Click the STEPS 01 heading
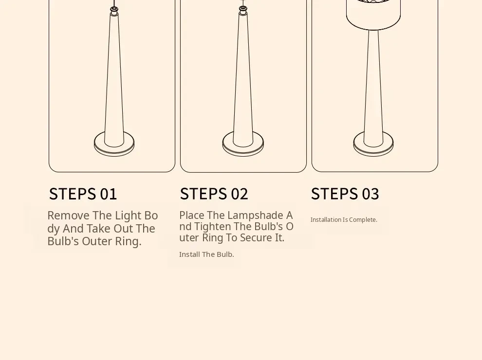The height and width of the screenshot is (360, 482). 83,194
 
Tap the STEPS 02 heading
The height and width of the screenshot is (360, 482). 214,194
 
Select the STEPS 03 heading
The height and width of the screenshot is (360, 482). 345,194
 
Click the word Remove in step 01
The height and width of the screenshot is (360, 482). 69,216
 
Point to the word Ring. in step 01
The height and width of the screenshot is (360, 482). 128,241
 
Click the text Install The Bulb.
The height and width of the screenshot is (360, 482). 206,254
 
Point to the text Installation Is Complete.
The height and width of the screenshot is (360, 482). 344,219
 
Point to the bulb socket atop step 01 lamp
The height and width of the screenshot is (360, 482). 114,11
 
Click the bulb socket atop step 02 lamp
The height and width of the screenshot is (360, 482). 243,11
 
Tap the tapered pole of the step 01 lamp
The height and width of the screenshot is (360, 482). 114,80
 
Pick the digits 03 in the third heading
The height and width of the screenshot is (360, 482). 371,194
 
